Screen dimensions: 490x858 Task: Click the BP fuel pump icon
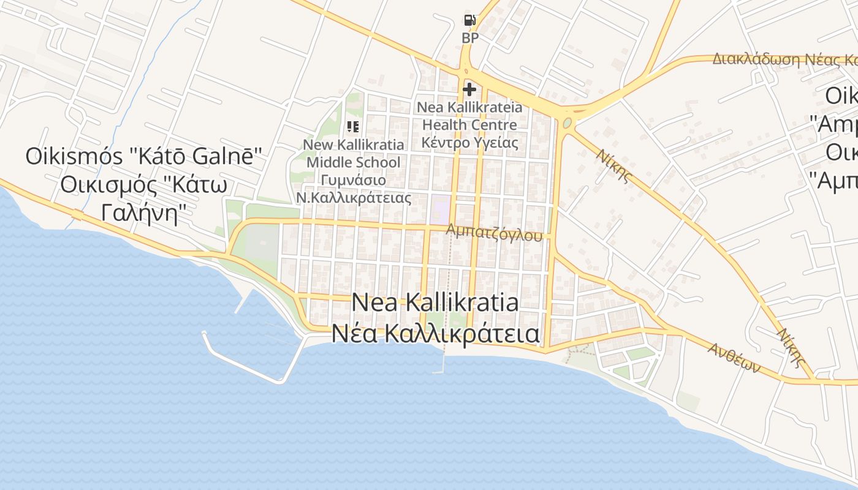pyautogui.click(x=469, y=20)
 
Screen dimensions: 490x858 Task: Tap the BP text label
pyautogui.click(x=470, y=38)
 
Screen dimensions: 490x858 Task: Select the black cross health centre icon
pyautogui.click(x=469, y=89)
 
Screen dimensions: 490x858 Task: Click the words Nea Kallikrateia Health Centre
pyautogui.click(x=470, y=116)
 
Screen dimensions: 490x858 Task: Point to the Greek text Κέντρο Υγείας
pyautogui.click(x=470, y=143)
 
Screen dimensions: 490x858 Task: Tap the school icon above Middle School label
pyautogui.click(x=352, y=127)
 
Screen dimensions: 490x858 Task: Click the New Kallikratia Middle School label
pyautogui.click(x=354, y=154)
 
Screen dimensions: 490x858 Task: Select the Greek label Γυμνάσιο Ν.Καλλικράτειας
pyautogui.click(x=354, y=189)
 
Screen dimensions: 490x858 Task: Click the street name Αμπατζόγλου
pyautogui.click(x=495, y=232)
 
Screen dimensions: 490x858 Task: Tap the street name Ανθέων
pyautogui.click(x=734, y=357)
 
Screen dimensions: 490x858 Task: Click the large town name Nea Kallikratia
pyautogui.click(x=435, y=303)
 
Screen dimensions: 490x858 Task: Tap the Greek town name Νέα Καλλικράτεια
pyautogui.click(x=435, y=334)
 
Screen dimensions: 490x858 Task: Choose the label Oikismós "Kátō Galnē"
pyautogui.click(x=144, y=156)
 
